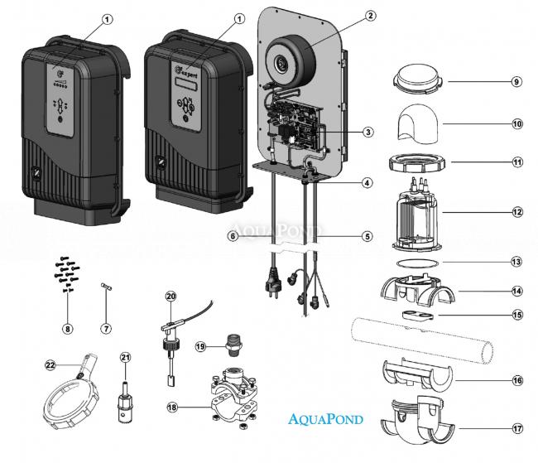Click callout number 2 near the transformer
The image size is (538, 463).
pyautogui.click(x=370, y=16)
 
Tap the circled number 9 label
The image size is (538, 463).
pyautogui.click(x=516, y=82)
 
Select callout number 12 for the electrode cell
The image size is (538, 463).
pyautogui.click(x=517, y=213)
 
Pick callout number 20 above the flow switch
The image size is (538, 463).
pyautogui.click(x=171, y=296)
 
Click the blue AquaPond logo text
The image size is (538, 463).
pyautogui.click(x=326, y=419)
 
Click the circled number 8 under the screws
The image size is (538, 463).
pyautogui.click(x=68, y=329)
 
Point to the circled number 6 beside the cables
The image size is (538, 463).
pyautogui.click(x=235, y=235)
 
